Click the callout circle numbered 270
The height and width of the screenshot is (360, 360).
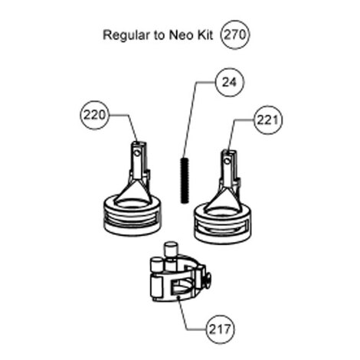click(x=235, y=34)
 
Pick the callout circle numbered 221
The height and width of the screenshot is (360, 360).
click(x=267, y=120)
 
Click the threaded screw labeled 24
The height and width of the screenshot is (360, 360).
click(x=185, y=180)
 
